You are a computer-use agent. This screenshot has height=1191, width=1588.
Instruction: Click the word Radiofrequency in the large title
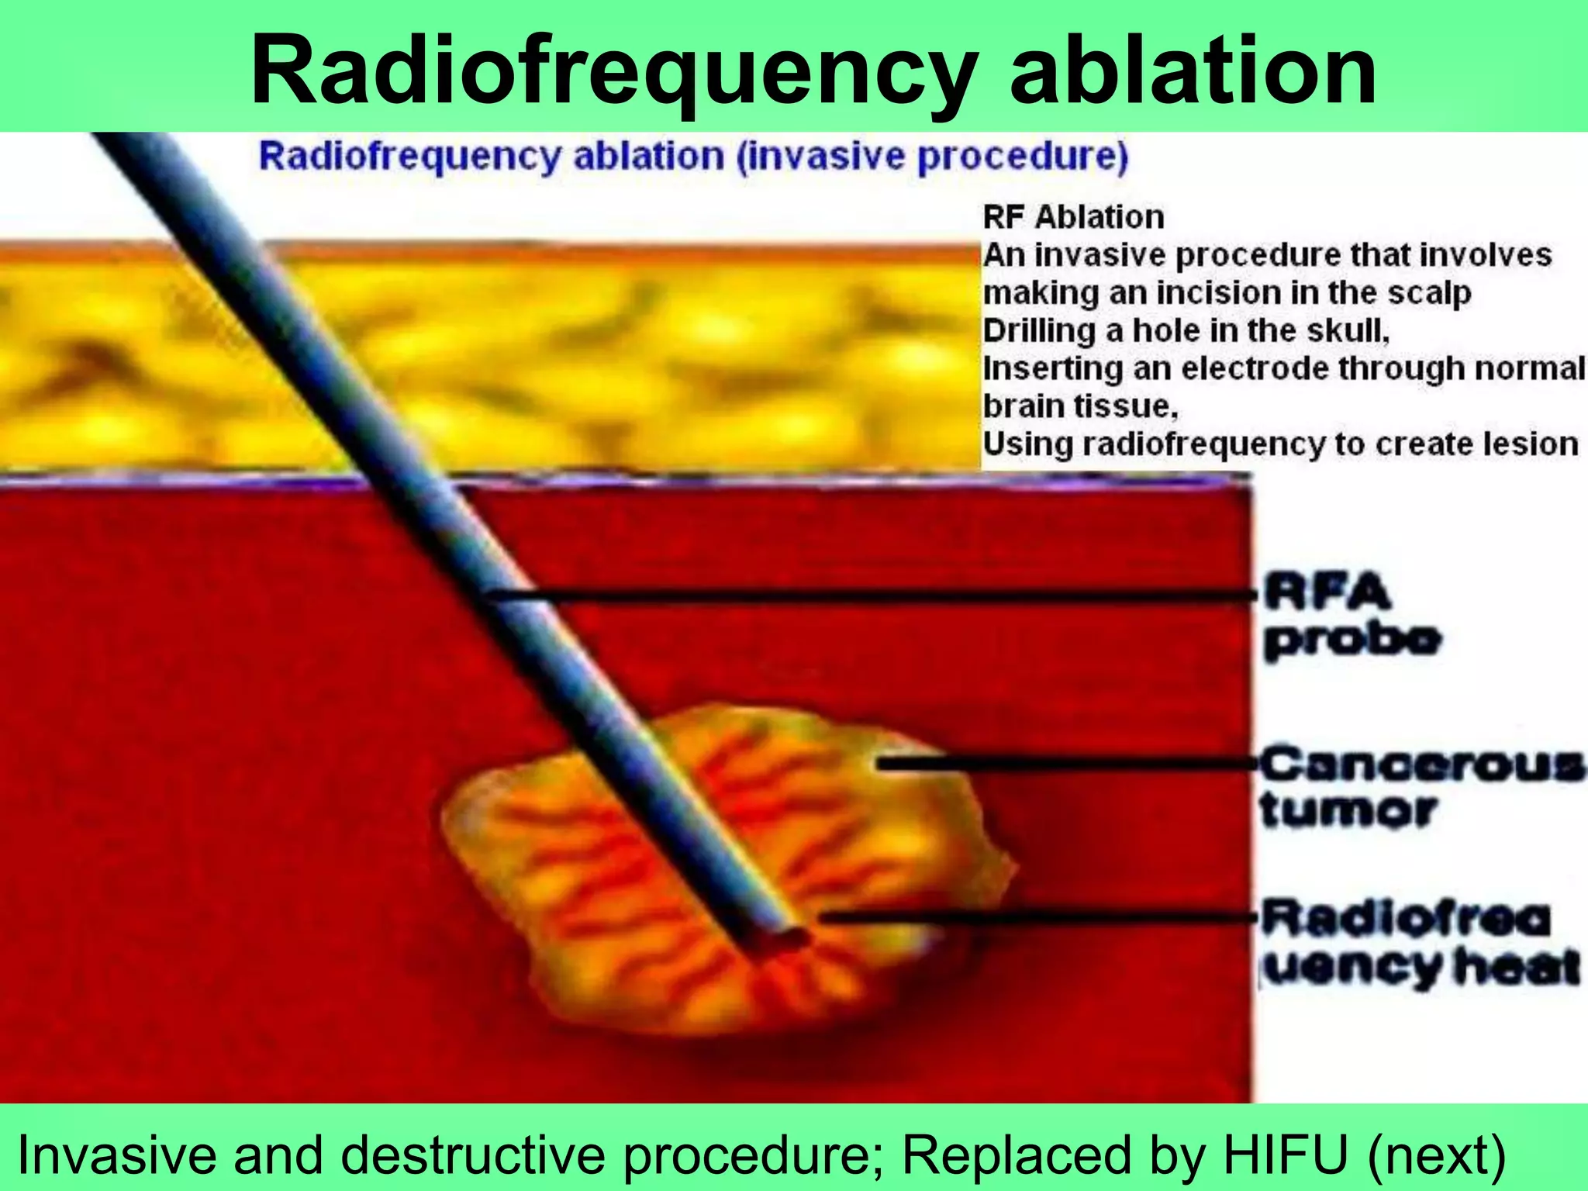[613, 71]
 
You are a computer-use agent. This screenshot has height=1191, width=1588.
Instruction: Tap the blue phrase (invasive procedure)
[931, 157]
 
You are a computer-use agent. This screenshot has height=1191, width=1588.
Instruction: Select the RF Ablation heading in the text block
[1073, 217]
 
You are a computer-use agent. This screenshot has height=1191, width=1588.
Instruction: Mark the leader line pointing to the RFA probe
[868, 595]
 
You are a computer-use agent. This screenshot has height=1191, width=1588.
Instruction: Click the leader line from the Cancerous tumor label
[1070, 765]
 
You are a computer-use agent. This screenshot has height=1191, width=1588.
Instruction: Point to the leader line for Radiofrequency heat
[1039, 917]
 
